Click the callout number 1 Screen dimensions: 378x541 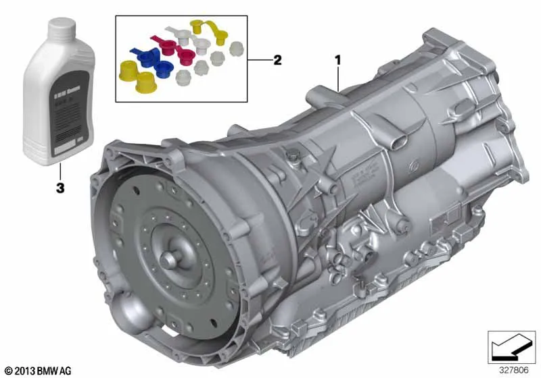337,61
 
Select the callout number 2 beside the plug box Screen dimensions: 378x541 277,61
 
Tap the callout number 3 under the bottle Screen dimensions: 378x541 60,190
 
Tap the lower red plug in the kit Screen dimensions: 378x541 185,55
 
